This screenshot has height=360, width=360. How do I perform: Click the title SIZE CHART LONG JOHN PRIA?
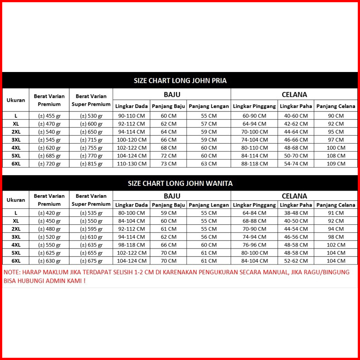coord(180,81)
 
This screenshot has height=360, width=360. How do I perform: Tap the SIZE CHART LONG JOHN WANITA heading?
coord(180,183)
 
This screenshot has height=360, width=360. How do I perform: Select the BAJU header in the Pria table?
coord(172,94)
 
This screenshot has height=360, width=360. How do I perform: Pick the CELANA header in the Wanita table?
coord(294,196)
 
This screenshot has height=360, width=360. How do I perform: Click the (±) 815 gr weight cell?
coord(91,164)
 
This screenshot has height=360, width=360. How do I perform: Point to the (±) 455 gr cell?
coord(49,116)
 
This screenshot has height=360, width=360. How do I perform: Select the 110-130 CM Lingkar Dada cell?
coord(132,164)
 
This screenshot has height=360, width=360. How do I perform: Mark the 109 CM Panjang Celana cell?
coord(336,164)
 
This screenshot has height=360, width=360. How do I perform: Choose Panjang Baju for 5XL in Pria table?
coord(168,156)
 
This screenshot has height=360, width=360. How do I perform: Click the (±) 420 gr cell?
coord(49,213)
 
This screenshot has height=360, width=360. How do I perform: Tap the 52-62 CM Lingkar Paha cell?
coord(296,261)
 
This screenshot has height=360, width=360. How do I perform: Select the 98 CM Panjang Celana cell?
coord(336,237)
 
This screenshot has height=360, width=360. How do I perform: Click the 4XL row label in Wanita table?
coord(16,245)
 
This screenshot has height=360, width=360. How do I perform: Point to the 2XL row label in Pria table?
coord(16,132)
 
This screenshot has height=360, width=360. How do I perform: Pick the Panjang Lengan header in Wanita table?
coord(209,205)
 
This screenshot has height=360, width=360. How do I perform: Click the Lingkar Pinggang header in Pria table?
coord(254,106)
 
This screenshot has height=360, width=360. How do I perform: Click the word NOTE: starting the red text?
coord(14,272)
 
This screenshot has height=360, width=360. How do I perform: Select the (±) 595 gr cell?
coord(91,229)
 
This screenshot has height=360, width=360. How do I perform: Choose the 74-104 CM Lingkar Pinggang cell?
coord(255,140)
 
